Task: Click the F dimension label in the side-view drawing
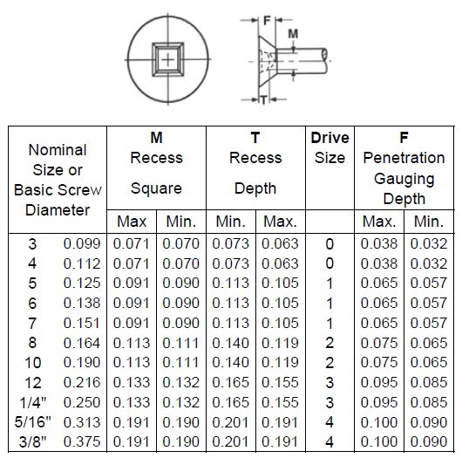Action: [267, 21]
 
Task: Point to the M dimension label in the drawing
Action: [293, 34]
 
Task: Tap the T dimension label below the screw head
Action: [264, 100]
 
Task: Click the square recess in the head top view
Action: [168, 60]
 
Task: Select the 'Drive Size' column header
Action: [330, 147]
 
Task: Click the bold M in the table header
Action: [156, 138]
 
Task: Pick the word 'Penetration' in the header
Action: [404, 158]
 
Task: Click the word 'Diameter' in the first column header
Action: [58, 210]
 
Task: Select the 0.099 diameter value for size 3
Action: [82, 244]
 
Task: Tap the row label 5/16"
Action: [33, 422]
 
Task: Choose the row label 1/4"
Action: [33, 402]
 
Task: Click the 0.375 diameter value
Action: [82, 442]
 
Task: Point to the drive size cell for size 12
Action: [330, 383]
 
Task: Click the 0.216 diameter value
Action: [82, 383]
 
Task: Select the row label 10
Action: [33, 363]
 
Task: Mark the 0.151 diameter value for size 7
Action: [82, 324]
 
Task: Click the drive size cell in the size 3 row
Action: [330, 244]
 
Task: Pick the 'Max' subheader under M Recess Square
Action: [132, 222]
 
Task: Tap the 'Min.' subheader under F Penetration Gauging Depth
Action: [429, 222]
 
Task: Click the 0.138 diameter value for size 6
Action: [82, 304]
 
